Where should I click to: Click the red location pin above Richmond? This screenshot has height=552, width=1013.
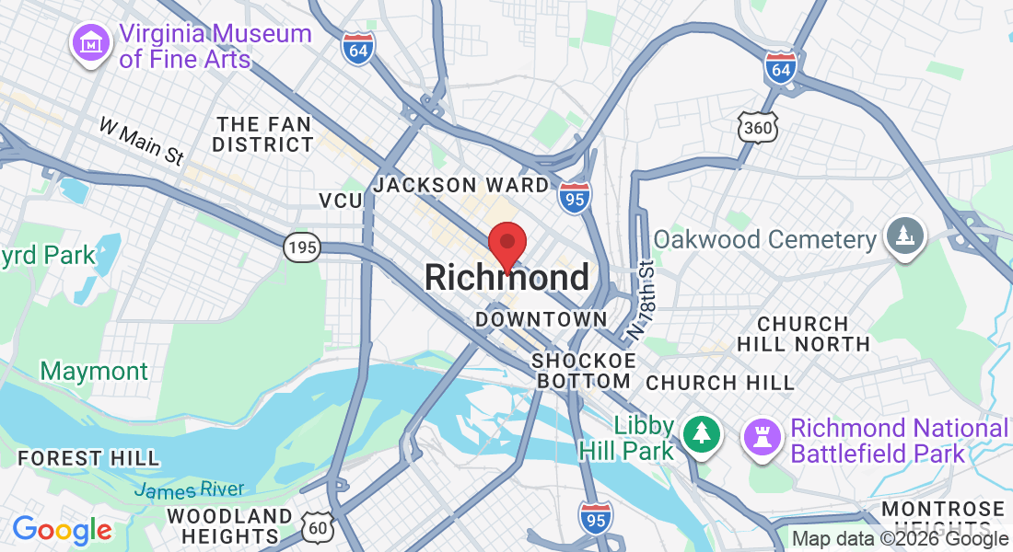pyautogui.click(x=506, y=244)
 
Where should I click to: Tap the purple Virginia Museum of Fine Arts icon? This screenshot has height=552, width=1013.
pyautogui.click(x=91, y=43)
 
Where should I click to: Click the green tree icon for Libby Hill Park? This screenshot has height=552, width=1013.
pyautogui.click(x=703, y=433)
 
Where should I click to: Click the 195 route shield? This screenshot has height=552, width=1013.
pyautogui.click(x=301, y=247)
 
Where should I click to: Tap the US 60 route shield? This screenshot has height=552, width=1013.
pyautogui.click(x=318, y=526)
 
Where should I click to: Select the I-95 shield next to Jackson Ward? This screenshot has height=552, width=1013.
pyautogui.click(x=575, y=197)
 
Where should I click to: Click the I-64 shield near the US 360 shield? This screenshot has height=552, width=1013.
pyautogui.click(x=780, y=68)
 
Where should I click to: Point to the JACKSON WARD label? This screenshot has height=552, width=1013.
pyautogui.click(x=461, y=185)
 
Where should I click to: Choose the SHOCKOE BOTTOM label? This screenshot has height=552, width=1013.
pyautogui.click(x=584, y=370)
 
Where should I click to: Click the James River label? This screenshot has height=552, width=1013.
pyautogui.click(x=190, y=489)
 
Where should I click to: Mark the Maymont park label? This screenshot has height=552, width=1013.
pyautogui.click(x=94, y=372)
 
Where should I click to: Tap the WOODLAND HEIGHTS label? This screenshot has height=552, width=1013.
pyautogui.click(x=230, y=525)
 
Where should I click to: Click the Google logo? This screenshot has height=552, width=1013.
pyautogui.click(x=62, y=530)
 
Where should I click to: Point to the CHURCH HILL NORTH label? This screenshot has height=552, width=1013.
pyautogui.click(x=803, y=334)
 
